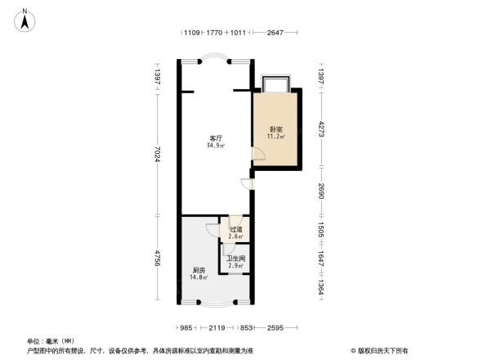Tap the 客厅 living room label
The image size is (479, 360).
point(217,138)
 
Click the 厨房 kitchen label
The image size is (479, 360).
point(199,270)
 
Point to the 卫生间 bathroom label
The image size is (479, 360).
point(236,259)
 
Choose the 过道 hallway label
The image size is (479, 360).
point(235,230)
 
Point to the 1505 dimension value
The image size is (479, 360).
point(322,230)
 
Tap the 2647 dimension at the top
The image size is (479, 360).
point(275,33)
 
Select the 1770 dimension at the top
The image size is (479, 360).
point(214,33)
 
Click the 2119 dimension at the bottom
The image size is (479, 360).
point(216,328)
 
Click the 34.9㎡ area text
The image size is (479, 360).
point(217,146)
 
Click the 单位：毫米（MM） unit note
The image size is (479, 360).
point(51,340)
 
